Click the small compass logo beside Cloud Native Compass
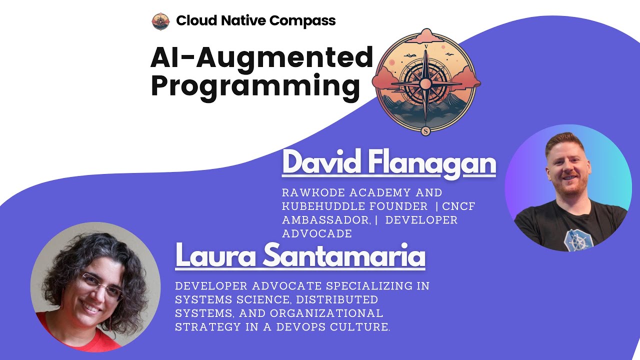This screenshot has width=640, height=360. tap(160, 21)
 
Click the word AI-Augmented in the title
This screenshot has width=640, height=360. tap(261, 58)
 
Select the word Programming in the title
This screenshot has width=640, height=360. tap(255, 85)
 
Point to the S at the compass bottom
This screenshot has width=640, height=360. tap(425, 131)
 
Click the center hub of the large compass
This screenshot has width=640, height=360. tap(425, 83)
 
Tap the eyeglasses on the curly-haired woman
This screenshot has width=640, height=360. tap(99, 284)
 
